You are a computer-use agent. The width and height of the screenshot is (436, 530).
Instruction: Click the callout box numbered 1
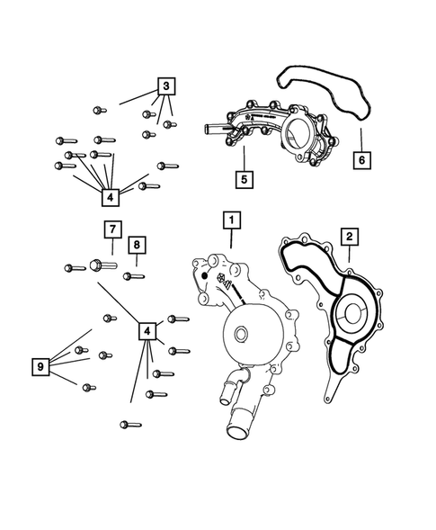coord(231,219)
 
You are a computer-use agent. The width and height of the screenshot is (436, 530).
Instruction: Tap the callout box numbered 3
coord(167,86)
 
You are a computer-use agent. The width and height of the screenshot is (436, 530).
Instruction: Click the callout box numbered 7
coord(111,229)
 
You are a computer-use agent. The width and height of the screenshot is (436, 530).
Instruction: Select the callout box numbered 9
coord(39,366)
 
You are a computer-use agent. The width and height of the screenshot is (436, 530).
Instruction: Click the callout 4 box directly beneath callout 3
coord(110,195)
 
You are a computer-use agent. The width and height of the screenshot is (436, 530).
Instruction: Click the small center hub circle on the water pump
coord(239,337)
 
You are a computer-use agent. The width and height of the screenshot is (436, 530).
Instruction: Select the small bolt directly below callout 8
coord(134,275)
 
